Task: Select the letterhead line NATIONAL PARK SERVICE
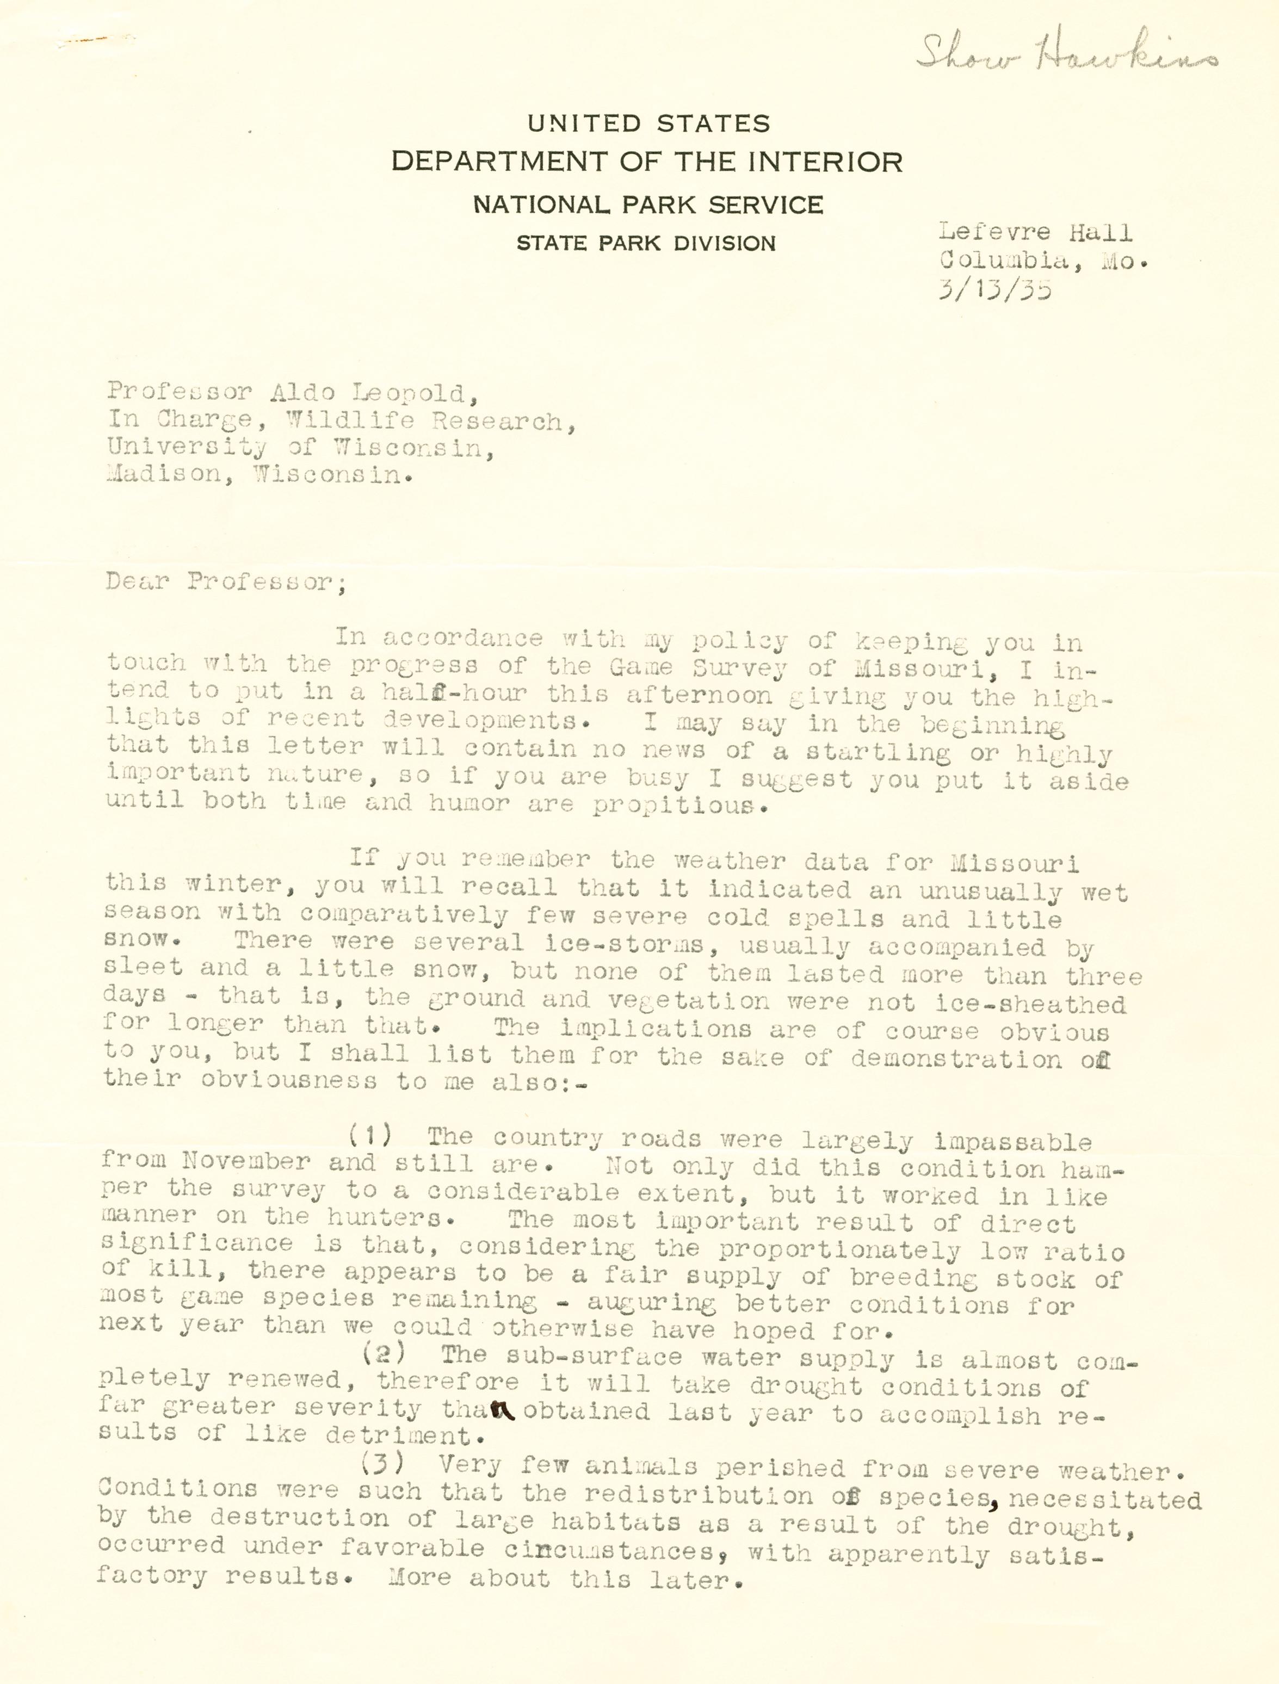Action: pyautogui.click(x=648, y=205)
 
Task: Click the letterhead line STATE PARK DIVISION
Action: pyautogui.click(x=646, y=244)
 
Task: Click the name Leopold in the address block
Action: pyautogui.click(x=406, y=394)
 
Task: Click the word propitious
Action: pyautogui.click(x=677, y=806)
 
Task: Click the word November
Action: pyautogui.click(x=245, y=1162)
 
